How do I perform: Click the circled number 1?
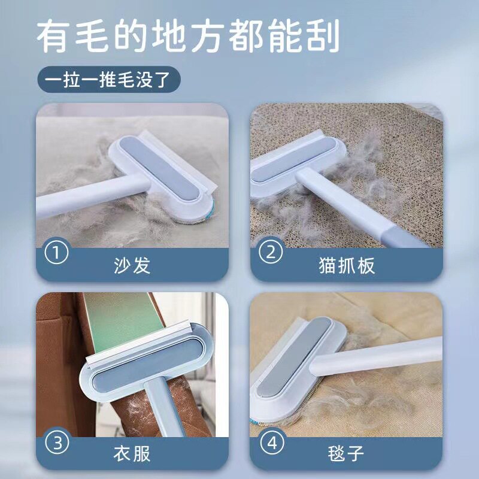(56, 252)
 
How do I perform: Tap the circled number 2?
(271, 252)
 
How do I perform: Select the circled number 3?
(56, 442)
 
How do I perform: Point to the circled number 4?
(272, 442)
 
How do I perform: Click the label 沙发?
(132, 265)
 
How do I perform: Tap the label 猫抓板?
(347, 265)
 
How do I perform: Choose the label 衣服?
(132, 454)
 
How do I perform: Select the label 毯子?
(346, 454)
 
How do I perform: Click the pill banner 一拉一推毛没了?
(109, 80)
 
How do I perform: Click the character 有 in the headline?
(52, 36)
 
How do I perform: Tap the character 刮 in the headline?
(323, 36)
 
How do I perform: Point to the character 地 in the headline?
(168, 36)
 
